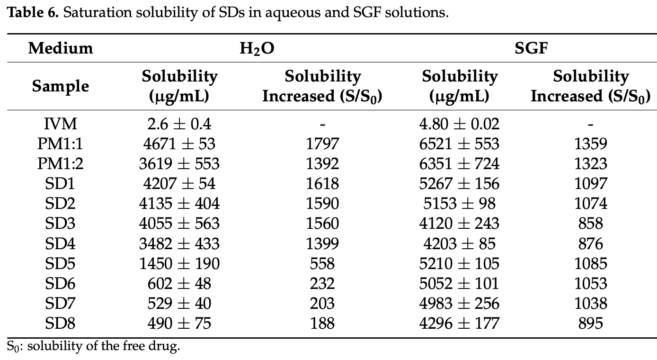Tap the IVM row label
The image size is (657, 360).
point(60,124)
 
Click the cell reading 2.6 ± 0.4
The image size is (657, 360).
point(179,124)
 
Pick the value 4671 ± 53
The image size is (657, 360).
point(179,144)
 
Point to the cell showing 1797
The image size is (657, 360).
point(322,144)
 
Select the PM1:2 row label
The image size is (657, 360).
point(60,164)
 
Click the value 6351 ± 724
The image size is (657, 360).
point(459,164)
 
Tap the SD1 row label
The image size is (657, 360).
point(60,184)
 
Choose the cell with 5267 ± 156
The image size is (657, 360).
point(459,184)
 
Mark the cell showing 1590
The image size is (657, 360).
point(322,204)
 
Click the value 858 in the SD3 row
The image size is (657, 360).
point(590,224)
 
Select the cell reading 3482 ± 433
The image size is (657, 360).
point(179,243)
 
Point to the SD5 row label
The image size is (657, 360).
point(60,263)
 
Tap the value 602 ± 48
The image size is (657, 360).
point(179,283)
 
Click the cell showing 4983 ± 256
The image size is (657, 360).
point(459,303)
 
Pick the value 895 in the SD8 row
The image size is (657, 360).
point(590,323)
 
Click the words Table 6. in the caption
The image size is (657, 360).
point(32,13)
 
